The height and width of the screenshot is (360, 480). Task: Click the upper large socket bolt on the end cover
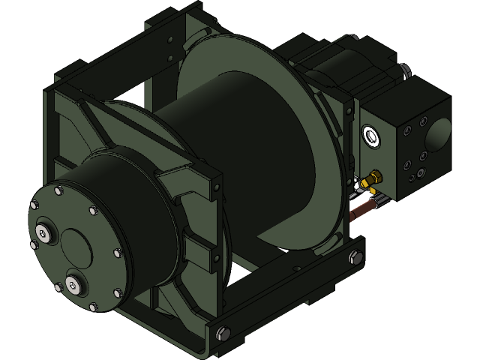point(43,234)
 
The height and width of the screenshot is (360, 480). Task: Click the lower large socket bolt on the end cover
point(73,285)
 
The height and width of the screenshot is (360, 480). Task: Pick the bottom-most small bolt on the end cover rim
point(93,307)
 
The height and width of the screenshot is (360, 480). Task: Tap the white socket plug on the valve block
point(370,136)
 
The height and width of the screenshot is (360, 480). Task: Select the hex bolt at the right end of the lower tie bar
point(354,259)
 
